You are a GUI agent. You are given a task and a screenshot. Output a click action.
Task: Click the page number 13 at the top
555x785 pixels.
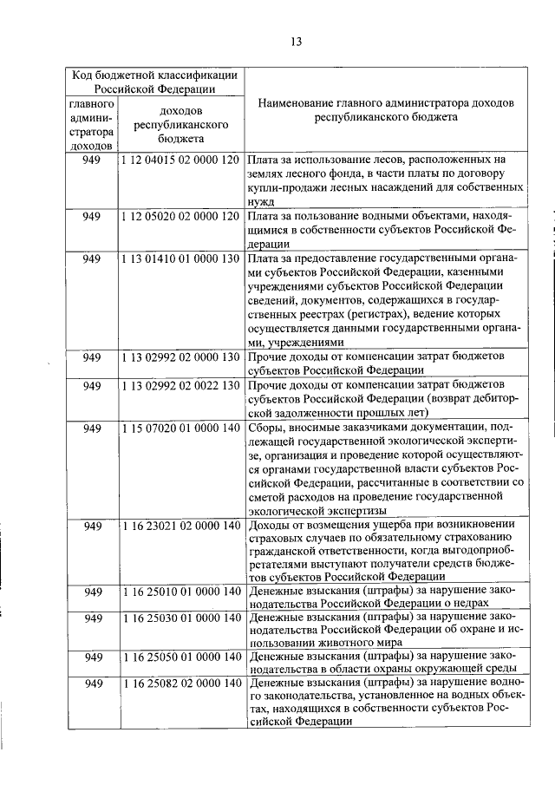pos(296,41)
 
